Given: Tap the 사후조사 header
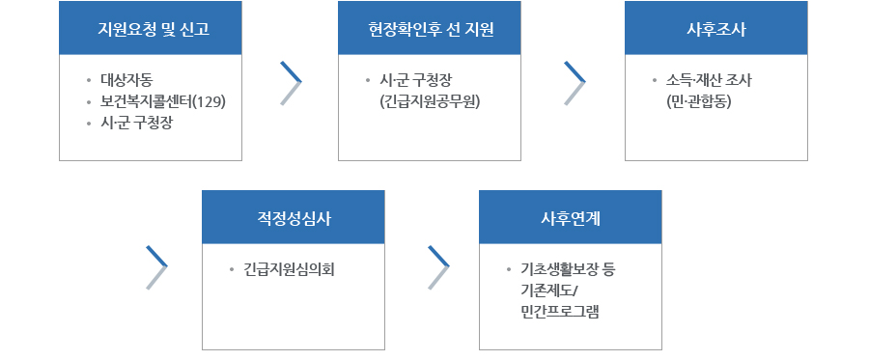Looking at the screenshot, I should pos(715,28).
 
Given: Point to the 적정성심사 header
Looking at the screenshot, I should pos(293,218).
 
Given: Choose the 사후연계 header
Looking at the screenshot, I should pos(571,218).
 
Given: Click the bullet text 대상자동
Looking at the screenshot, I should pos(126,80).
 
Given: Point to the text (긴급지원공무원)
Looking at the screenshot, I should pos(432,101).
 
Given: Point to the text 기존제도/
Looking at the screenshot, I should pos(547,290).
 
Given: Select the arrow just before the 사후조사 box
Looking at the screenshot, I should pos(575,83).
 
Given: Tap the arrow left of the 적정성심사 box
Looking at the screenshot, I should pos(156,267).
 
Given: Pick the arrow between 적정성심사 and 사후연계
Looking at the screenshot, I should pos(438,267).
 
